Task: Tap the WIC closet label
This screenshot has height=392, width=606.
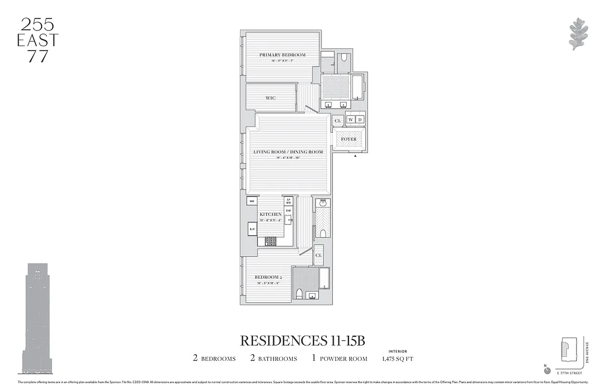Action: click(x=271, y=98)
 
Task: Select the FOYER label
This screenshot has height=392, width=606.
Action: click(x=349, y=139)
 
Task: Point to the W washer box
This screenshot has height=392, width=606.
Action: click(x=351, y=120)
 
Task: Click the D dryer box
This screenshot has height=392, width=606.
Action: click(x=360, y=120)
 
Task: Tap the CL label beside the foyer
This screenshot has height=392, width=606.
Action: click(x=337, y=121)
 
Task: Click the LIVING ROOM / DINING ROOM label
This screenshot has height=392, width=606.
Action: click(x=288, y=152)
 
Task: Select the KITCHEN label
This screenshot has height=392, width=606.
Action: click(x=271, y=214)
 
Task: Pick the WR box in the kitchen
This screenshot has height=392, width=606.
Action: click(x=252, y=201)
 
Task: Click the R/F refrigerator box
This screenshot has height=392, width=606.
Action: click(x=252, y=229)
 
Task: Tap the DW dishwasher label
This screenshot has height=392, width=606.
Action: click(x=289, y=211)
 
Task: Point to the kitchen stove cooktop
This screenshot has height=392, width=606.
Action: click(x=271, y=241)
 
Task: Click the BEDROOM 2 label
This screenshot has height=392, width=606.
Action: click(x=268, y=277)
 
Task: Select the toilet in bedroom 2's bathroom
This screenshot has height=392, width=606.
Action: click(x=299, y=294)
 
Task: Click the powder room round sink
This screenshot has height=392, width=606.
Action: click(x=323, y=202)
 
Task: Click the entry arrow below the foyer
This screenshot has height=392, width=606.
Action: click(x=355, y=156)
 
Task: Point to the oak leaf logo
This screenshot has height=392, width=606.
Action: click(x=579, y=34)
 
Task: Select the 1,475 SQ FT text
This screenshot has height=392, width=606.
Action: click(x=397, y=359)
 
